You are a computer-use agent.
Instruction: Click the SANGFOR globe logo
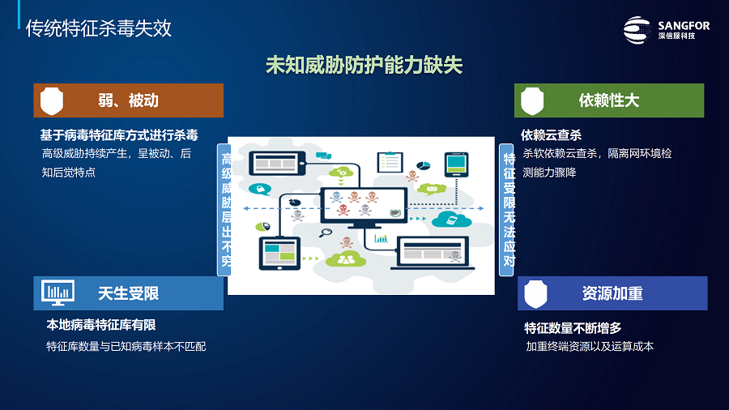(637, 30)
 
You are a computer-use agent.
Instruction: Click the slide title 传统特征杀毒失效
(99, 28)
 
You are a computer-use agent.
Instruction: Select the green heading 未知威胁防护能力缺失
(364, 65)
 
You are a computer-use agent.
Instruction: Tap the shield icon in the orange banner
(52, 100)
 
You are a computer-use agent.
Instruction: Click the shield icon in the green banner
(532, 100)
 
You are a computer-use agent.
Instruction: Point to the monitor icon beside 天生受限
(58, 293)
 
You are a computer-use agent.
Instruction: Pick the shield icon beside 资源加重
(535, 294)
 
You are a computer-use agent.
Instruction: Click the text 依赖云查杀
(551, 135)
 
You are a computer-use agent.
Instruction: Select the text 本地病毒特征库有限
(101, 325)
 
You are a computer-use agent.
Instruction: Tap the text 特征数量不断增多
(573, 328)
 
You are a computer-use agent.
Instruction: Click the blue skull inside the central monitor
(336, 197)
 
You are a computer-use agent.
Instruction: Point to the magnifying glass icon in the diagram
(326, 233)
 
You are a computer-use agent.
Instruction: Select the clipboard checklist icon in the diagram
(390, 162)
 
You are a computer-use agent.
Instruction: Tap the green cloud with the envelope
(432, 189)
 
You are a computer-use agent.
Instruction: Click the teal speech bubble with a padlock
(259, 189)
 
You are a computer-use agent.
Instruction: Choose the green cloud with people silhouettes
(345, 258)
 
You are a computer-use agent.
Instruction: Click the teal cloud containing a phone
(451, 220)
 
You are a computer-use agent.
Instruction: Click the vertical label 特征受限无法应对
(509, 210)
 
